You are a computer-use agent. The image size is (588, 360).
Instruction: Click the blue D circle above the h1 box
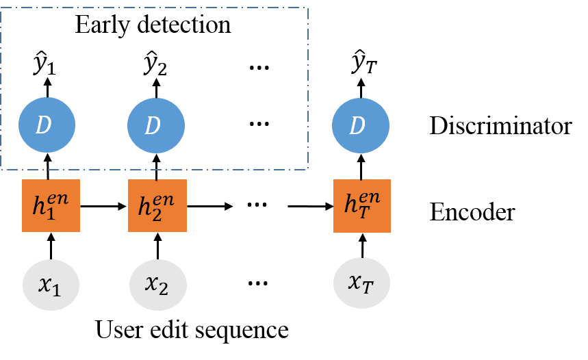point(47,125)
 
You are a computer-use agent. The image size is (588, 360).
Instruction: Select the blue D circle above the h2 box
point(155,125)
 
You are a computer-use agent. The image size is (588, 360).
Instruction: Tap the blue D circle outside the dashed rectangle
point(360,125)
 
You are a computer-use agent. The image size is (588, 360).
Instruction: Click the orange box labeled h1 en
point(51,205)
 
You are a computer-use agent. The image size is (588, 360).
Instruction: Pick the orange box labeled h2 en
point(157,205)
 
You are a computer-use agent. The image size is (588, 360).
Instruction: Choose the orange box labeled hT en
point(361,205)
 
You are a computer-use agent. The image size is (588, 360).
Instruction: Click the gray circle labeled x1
point(51,285)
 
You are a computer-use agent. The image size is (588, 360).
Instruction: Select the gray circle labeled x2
point(157,285)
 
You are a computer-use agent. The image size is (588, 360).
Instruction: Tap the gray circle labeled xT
point(361,283)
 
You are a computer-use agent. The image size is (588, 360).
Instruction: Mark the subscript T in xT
point(368,288)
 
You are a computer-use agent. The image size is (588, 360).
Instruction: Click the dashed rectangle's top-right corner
point(308,8)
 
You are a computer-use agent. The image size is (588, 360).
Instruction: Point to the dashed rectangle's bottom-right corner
point(308,168)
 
